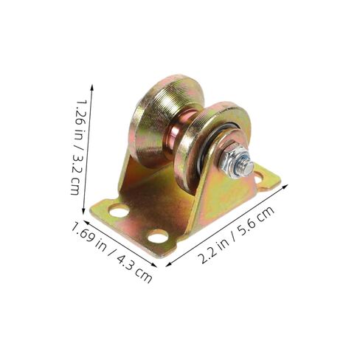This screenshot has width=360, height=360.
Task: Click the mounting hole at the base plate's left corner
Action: [118, 212]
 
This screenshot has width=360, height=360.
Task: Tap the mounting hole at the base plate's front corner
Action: [157, 237]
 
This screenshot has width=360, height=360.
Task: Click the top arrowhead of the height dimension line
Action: [92, 85]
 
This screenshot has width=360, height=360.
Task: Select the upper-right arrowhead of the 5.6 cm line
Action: [285, 186]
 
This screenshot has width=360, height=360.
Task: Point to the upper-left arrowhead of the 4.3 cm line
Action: [73, 221]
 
